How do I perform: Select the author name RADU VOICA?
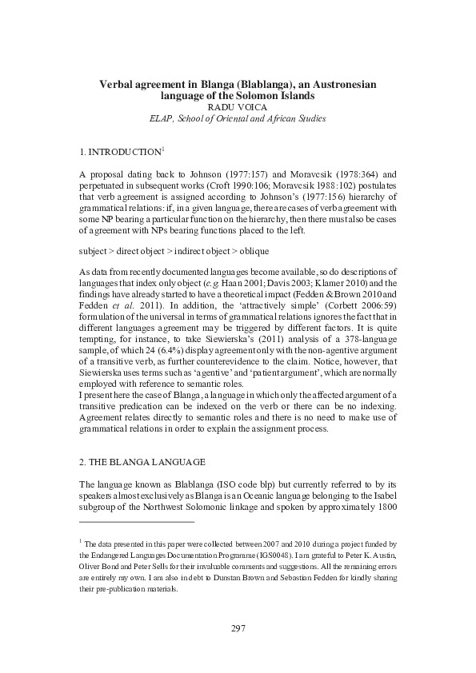pos(238,106)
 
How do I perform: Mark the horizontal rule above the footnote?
pos(137,522)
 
